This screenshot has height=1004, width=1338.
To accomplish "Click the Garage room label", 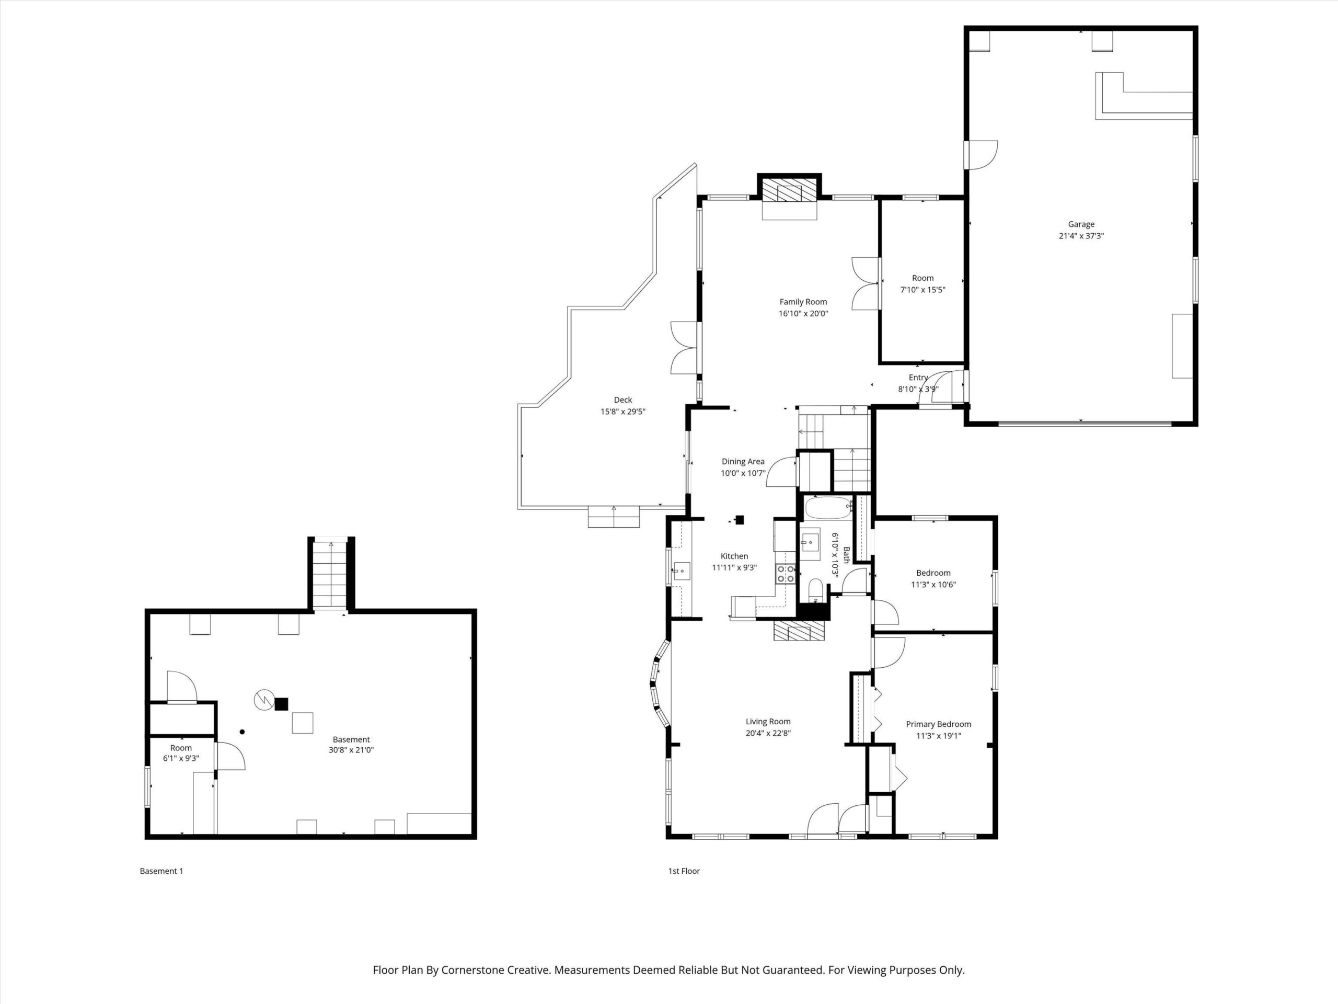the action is [1081, 224].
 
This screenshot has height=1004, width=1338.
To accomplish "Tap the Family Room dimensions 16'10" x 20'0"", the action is [803, 313].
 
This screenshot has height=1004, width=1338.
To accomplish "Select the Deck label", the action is [623, 400].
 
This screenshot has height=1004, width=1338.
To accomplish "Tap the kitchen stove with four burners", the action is [786, 574].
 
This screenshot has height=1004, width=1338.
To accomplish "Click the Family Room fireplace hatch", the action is [790, 192].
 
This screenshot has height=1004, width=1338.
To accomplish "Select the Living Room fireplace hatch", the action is [799, 631].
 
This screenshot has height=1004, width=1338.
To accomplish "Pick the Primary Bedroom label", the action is [938, 724].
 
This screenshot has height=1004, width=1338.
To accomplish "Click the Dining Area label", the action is [743, 461].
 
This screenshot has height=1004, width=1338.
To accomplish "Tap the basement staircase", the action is [330, 574].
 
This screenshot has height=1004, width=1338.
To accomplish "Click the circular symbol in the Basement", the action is [264, 700].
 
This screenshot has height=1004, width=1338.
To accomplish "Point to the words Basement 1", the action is [162, 871].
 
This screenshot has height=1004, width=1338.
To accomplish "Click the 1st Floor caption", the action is [684, 871].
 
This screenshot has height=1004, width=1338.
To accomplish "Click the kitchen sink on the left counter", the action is [682, 571].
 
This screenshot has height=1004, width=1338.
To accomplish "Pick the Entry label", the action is [918, 377].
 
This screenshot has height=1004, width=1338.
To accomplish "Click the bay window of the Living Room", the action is [660, 683].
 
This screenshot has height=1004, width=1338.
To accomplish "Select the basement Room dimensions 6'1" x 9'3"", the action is [181, 758].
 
